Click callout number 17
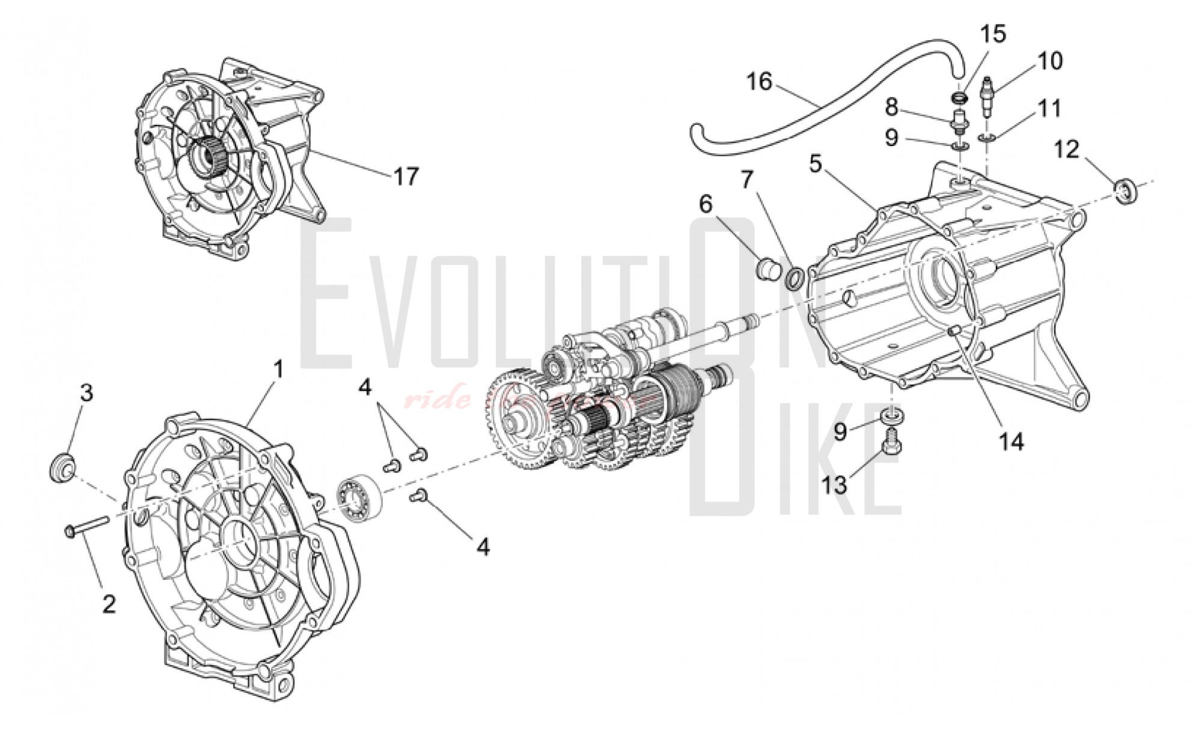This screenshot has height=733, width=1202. [406, 177]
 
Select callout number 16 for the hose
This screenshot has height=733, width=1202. [760, 82]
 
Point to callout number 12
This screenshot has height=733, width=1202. [1067, 149]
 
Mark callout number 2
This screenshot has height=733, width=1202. [109, 604]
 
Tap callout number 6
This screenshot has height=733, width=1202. [705, 204]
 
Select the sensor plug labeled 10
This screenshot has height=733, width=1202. [988, 96]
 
